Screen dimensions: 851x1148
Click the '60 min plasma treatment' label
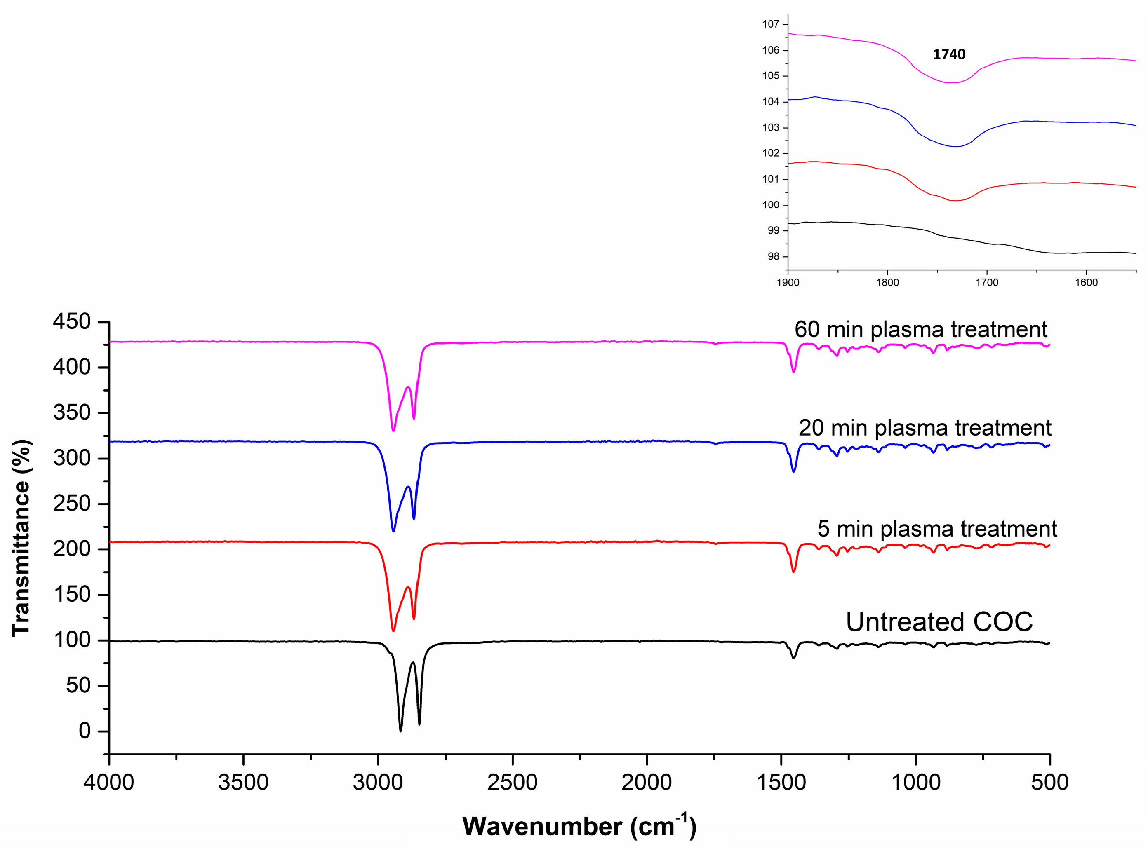(921, 330)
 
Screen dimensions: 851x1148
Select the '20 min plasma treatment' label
(925, 428)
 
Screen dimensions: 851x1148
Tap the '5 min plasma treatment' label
(936, 529)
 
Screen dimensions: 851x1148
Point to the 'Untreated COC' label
(939, 622)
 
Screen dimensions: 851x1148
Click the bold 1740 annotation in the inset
(948, 54)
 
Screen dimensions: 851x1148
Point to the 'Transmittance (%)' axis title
(22, 538)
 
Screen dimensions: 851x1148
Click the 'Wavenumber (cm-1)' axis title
(579, 826)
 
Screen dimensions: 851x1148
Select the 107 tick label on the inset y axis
(771, 24)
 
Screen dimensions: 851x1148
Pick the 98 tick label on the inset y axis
(773, 256)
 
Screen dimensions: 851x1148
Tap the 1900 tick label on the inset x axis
(788, 283)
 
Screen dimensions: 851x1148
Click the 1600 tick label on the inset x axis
(1086, 283)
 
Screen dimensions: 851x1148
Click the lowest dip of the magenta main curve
(393, 431)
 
